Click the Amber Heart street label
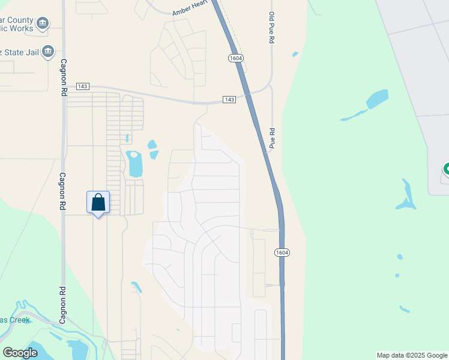pos(189,9)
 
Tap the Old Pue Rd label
pos(271,28)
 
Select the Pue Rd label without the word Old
pos(272,138)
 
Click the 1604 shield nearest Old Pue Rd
pos(235,58)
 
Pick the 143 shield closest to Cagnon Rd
pos(83,87)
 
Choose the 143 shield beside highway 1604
pos(229,99)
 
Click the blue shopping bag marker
pos(98,203)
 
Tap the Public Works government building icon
pos(43,24)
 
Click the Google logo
pos(20,353)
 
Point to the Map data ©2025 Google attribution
pos(412,355)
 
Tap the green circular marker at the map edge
pos(446,169)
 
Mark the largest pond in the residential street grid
pos(134,164)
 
